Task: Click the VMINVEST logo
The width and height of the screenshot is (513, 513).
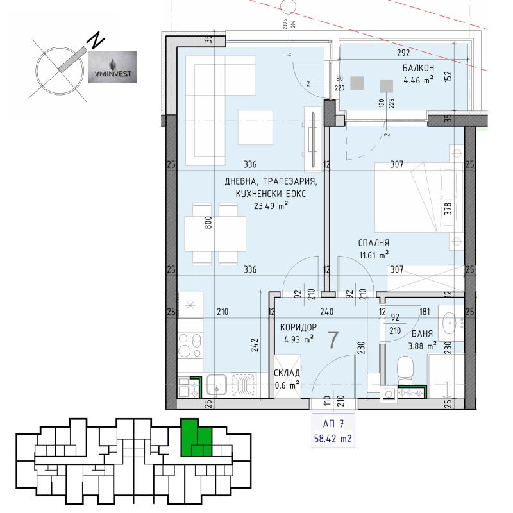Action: click(x=112, y=68)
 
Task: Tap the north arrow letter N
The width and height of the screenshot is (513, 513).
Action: click(x=96, y=41)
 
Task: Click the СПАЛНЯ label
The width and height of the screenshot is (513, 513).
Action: click(x=374, y=243)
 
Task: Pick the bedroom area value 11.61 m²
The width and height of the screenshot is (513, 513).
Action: click(x=374, y=255)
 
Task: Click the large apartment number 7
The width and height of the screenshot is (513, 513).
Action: click(x=333, y=341)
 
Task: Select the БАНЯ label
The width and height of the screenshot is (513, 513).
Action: click(x=421, y=334)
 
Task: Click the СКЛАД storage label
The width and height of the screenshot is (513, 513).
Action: click(x=286, y=373)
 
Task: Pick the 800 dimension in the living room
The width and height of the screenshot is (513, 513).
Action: click(x=206, y=222)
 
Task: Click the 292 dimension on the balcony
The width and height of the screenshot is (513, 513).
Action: click(x=402, y=55)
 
